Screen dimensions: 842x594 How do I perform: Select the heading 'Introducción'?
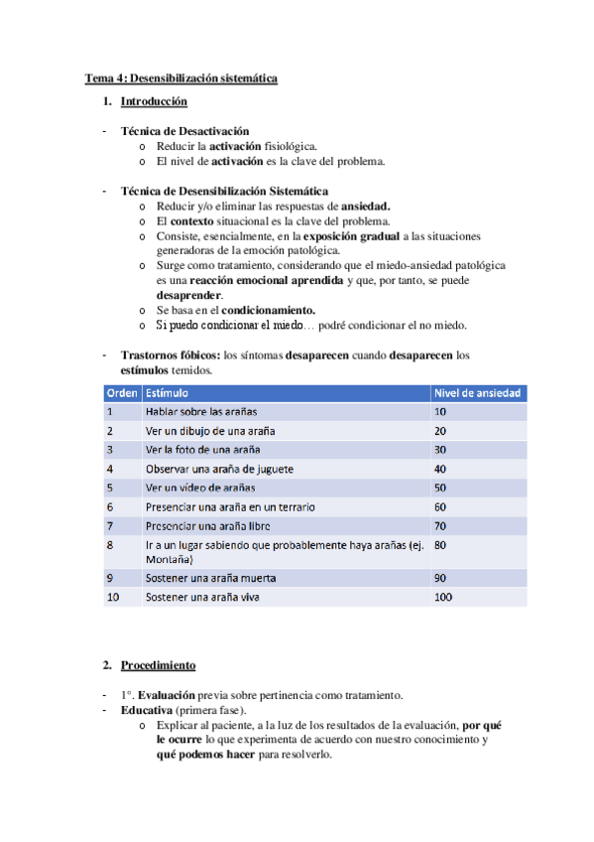[154, 102]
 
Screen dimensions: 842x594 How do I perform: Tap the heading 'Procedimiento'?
[158, 664]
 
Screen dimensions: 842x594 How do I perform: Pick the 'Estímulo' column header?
[170, 393]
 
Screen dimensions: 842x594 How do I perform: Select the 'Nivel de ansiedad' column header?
[477, 393]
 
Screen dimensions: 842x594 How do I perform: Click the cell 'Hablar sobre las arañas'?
[203, 411]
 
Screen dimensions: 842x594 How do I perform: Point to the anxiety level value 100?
[443, 597]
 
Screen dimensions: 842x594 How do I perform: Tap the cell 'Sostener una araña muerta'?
[210, 578]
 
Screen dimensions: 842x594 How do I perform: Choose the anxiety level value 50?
[440, 488]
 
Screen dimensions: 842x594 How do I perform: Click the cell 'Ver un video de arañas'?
[200, 488]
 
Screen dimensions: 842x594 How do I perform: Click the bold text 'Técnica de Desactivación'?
[184, 131]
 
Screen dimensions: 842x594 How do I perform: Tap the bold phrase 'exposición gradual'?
[356, 236]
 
